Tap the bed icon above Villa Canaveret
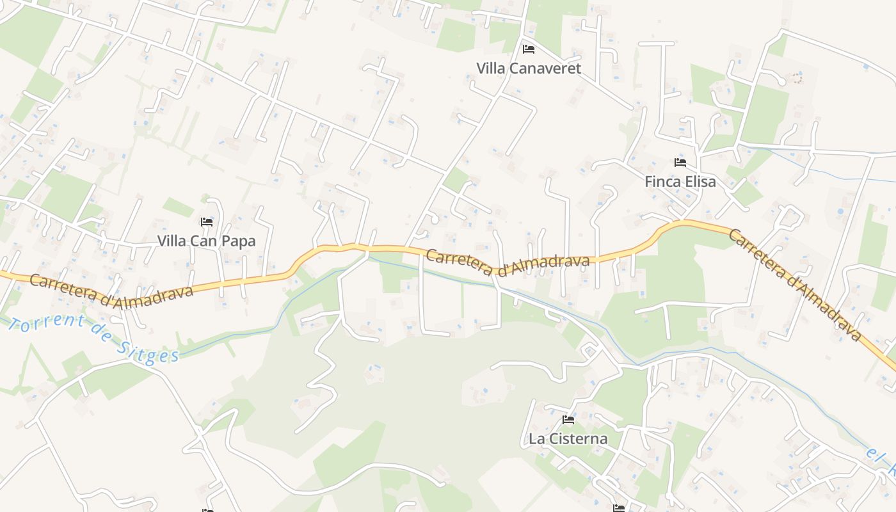tap(529, 49)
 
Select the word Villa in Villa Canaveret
tap(490, 68)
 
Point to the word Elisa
tap(700, 182)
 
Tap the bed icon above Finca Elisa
tap(680, 163)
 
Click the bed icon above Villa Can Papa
tap(207, 222)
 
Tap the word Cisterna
tap(576, 439)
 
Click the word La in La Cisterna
tap(536, 439)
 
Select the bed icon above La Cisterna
tap(568, 420)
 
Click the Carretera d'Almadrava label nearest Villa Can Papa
tap(111, 291)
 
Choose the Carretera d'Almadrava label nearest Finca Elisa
tap(795, 285)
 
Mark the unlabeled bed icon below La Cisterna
tap(618, 508)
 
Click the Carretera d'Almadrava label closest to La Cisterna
tap(507, 261)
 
